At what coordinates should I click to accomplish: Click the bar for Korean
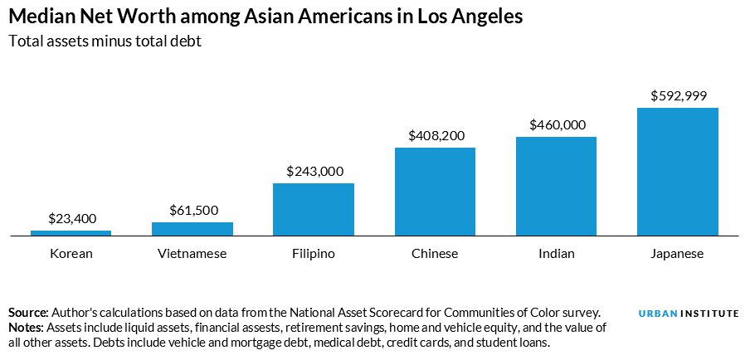[71, 233]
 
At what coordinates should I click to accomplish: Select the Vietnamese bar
[192, 229]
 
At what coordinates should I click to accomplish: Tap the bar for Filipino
[314, 209]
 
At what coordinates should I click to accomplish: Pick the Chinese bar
[435, 192]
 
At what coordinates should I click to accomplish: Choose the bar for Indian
[556, 186]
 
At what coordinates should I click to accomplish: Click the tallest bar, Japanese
[677, 172]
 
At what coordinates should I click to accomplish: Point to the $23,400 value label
[71, 219]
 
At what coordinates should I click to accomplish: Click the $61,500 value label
[192, 211]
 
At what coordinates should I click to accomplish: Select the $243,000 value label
[314, 171]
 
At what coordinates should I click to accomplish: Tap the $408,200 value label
[435, 135]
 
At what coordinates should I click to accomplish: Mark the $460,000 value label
[556, 125]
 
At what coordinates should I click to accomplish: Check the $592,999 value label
[677, 95]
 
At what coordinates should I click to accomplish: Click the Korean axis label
[71, 254]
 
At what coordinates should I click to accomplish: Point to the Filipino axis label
[314, 254]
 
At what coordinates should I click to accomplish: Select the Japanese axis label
[677, 254]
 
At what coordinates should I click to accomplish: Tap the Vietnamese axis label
[192, 254]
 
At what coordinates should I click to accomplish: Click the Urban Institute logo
[689, 314]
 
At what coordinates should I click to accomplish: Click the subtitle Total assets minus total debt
[105, 41]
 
